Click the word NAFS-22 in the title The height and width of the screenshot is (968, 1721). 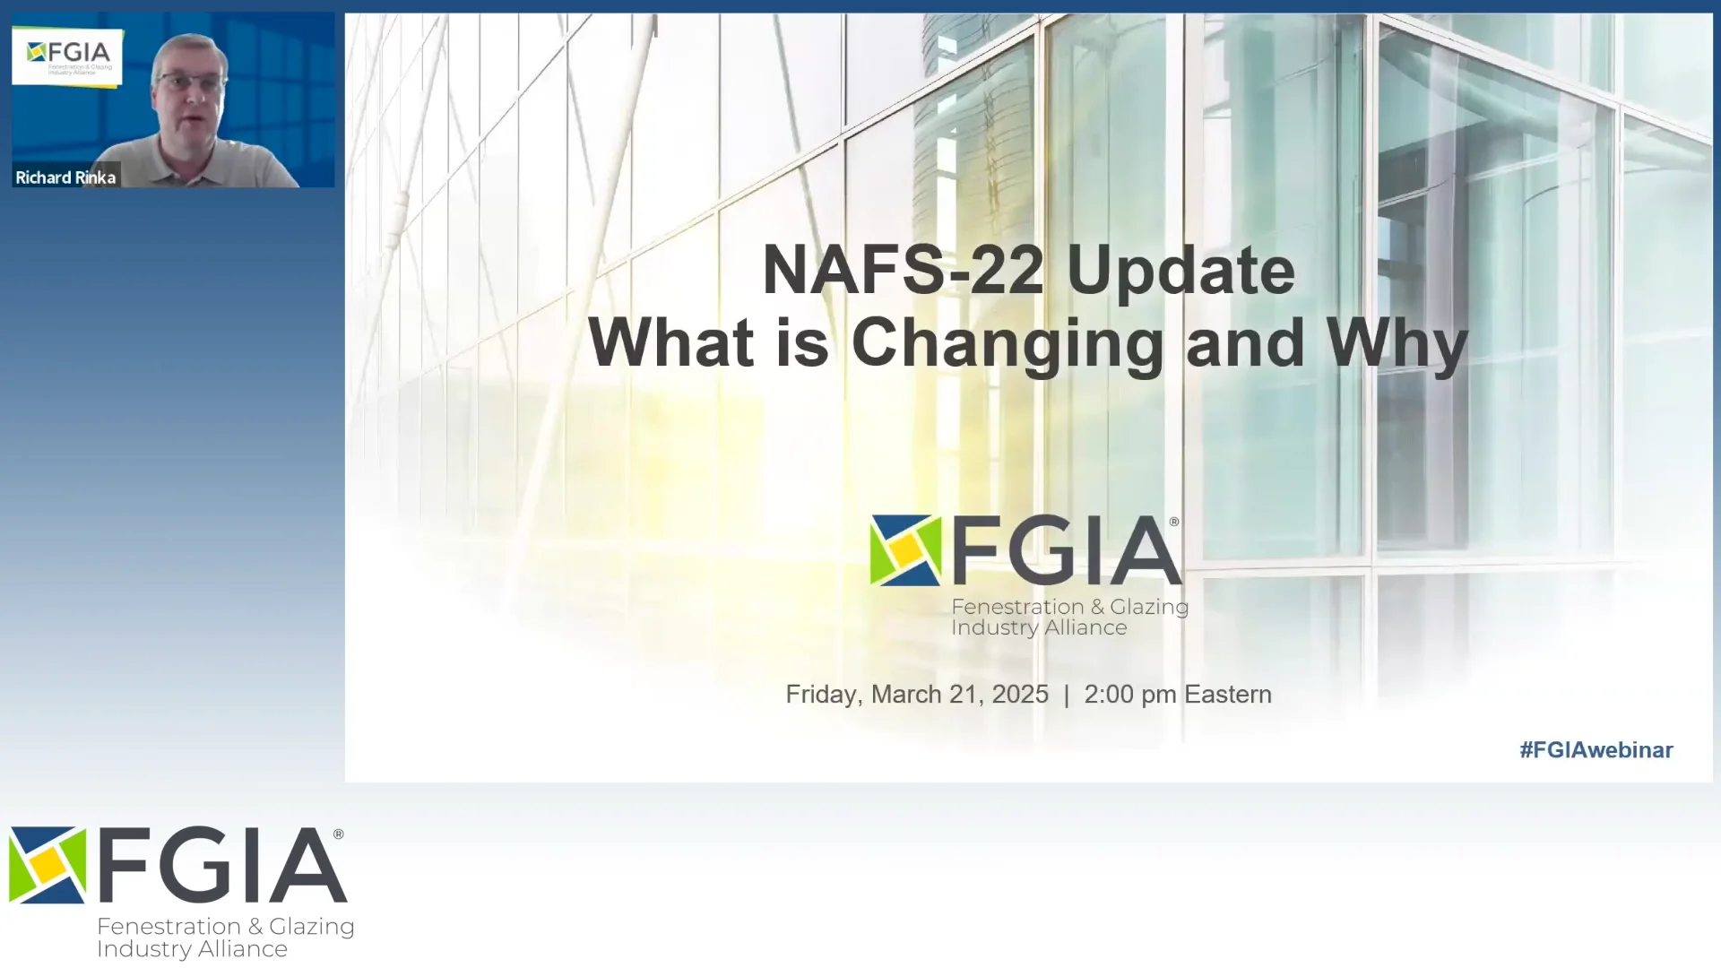point(903,270)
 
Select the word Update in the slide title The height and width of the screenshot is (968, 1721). point(1180,270)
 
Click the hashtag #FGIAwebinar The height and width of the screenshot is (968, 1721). point(1596,750)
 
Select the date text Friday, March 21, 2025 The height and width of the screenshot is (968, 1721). point(916,695)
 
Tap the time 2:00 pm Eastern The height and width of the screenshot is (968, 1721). point(1177,695)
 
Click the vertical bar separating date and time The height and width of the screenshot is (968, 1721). point(1066,696)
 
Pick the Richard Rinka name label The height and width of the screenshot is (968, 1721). point(65,177)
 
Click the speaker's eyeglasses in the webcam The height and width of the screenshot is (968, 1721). point(190,83)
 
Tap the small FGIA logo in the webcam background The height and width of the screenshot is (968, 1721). point(67,56)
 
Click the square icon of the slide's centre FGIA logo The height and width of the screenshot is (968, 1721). point(905,550)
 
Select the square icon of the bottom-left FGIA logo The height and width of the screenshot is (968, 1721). point(48,865)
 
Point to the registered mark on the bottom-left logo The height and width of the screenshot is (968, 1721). point(338,834)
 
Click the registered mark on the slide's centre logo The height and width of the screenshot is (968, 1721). point(1174,522)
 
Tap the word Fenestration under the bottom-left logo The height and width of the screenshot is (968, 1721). point(169,927)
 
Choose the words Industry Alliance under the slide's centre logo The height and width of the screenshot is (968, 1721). point(1039,628)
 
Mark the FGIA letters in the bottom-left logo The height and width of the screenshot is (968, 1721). point(221,865)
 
